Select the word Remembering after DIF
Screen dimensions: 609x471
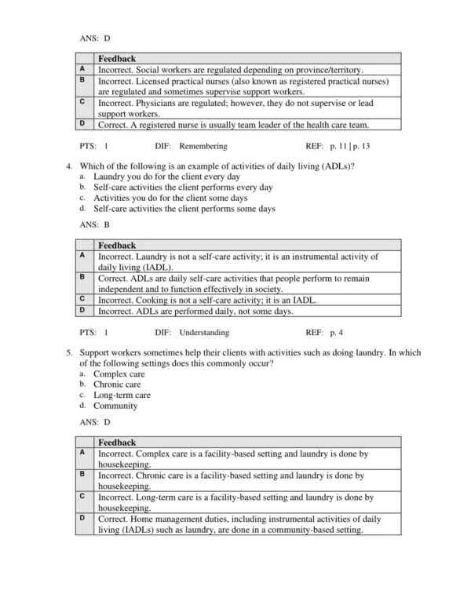203,146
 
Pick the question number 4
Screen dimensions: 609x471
70,167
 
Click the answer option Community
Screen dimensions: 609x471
115,406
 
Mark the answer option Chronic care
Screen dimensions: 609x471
118,385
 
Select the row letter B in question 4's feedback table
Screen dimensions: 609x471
82,277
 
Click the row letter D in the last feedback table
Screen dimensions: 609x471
82,518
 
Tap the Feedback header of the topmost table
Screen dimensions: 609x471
117,59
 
